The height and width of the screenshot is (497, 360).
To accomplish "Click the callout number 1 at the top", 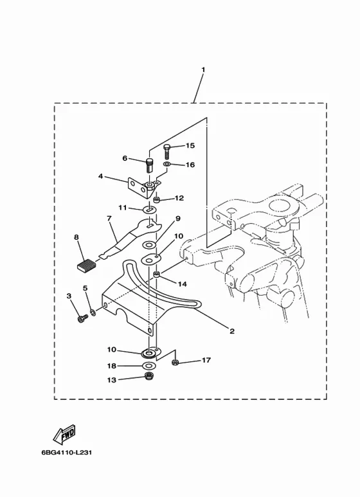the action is click(x=203, y=69).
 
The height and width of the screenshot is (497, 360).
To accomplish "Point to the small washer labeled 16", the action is click(x=167, y=165).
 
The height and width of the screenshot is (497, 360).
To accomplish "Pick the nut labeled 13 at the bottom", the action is click(x=147, y=376).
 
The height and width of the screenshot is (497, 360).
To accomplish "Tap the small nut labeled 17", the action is click(x=175, y=362).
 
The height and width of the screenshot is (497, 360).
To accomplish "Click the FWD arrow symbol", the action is click(x=64, y=434).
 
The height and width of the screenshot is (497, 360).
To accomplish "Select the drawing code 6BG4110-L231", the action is click(x=67, y=452).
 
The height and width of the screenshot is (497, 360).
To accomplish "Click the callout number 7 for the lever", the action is click(x=109, y=219).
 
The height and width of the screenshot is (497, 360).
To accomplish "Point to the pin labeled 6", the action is click(x=149, y=165).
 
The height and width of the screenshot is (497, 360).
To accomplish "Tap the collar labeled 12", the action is click(x=156, y=200).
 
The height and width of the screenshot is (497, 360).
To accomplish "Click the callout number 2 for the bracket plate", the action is click(x=232, y=331).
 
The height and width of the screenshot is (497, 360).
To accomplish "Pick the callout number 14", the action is click(x=182, y=284).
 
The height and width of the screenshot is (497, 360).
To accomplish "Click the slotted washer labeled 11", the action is click(x=150, y=210).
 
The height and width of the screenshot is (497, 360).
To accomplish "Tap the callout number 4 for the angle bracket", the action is click(x=100, y=176).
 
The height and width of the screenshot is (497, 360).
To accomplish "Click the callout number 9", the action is click(x=178, y=219).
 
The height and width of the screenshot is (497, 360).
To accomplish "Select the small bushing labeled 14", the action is click(x=157, y=273).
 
